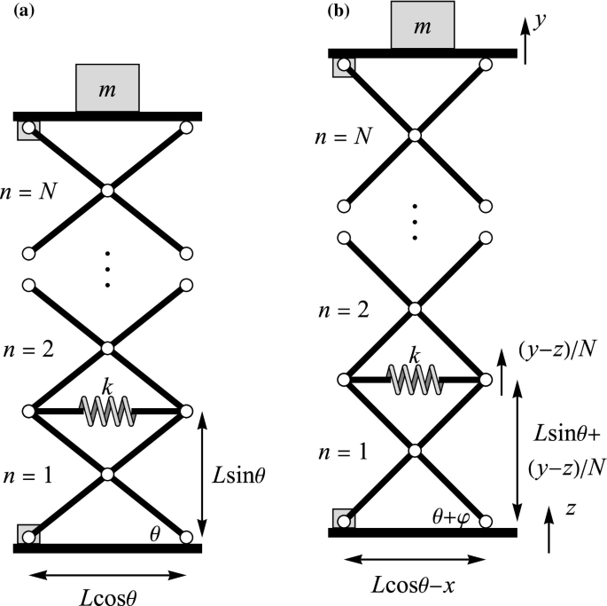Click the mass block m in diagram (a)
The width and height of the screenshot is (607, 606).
pyautogui.click(x=107, y=88)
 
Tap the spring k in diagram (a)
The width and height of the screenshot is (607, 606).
pyautogui.click(x=107, y=409)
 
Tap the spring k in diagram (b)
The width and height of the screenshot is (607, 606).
pyautogui.click(x=414, y=379)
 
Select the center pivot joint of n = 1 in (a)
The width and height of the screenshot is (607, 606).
pyautogui.click(x=107, y=474)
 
